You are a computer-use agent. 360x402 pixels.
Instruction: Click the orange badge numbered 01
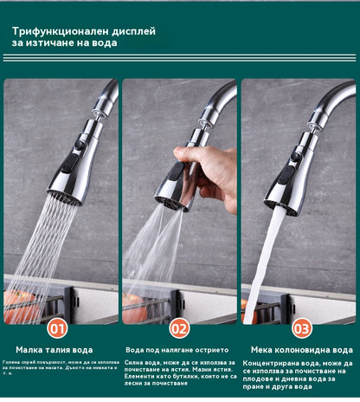coord(57,328)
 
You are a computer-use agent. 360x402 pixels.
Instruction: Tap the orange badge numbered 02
coord(179,328)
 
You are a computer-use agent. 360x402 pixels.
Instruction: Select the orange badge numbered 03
coord(301,328)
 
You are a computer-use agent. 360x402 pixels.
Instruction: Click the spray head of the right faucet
coord(285,178)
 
